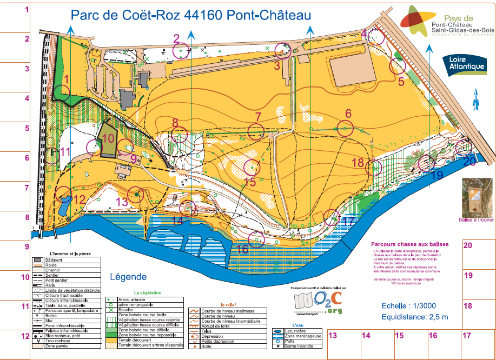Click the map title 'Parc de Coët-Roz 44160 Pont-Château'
pyautogui.click(x=191, y=15)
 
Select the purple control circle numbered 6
pyautogui.click(x=345, y=129)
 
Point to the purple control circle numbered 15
pyautogui.click(x=250, y=168)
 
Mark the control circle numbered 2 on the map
pyautogui.click(x=181, y=50)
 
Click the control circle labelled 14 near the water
pyautogui.click(x=188, y=208)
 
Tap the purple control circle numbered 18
pyautogui.click(x=374, y=168)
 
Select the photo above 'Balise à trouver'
pyautogui.click(x=475, y=197)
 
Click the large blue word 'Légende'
pyautogui.click(x=128, y=277)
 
